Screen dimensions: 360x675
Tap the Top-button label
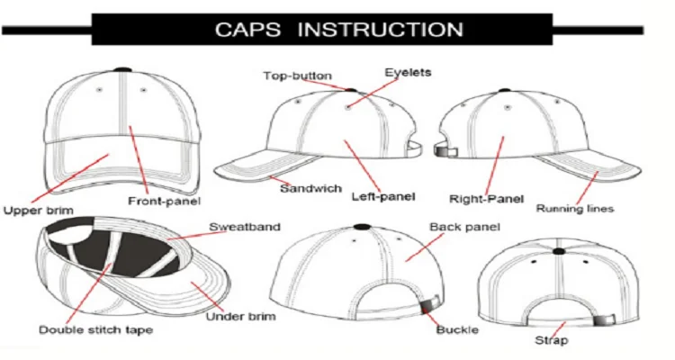297,76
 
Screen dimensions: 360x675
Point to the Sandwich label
310,188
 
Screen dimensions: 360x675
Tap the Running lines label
575,209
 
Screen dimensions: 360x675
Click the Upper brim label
38,211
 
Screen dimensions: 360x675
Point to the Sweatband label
246,226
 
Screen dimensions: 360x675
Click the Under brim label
241,316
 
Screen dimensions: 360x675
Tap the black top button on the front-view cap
123,68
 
